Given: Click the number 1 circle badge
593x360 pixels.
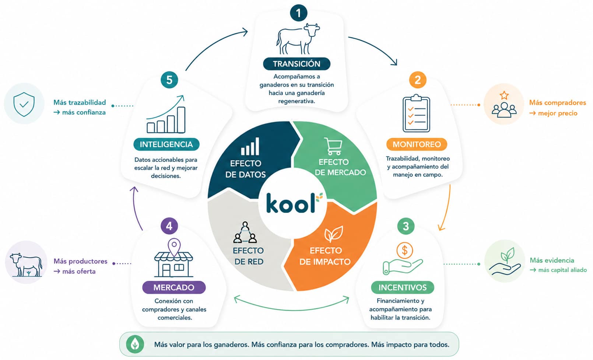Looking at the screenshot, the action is coord(298,13).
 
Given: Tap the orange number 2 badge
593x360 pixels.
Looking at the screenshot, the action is coord(417,80).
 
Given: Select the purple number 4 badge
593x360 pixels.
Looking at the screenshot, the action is coord(169,226).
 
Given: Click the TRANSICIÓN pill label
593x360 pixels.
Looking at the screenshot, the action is coord(296,64).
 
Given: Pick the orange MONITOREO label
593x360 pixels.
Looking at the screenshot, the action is coord(417,144).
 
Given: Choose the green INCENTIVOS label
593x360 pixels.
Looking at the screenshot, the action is coord(402,287).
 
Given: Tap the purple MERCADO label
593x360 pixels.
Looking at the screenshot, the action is coord(174,287).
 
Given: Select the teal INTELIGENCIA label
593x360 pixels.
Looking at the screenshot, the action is coord(166,144).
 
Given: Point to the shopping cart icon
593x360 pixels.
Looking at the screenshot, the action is coord(333,146).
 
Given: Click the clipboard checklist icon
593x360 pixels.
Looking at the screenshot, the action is coord(416,113).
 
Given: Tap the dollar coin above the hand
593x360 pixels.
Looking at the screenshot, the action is coord(404,250).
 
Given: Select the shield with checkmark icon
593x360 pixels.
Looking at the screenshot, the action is coord(24,104).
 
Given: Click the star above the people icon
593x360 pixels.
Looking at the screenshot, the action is coord(504,95).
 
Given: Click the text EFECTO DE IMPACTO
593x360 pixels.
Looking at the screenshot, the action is coord(325,256).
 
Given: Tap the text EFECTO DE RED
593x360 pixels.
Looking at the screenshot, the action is coord(248,256).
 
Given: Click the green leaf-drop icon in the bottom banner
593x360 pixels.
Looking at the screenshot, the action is coord(135,345).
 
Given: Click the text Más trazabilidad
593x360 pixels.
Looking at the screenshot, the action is coord(80,102).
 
